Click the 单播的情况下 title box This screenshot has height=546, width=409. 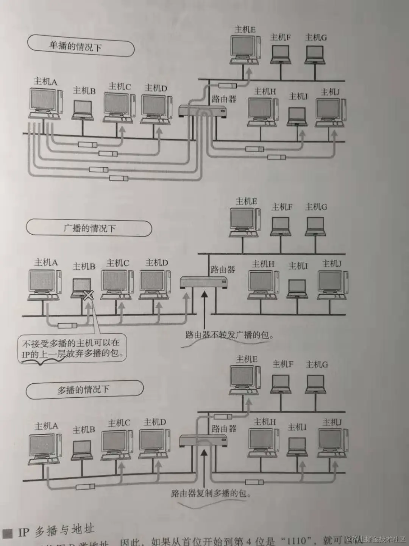coord(80,46)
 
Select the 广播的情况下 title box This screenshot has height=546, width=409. coord(89,228)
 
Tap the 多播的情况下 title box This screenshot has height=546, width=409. coord(84,389)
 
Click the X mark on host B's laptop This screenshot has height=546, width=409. coord(88,295)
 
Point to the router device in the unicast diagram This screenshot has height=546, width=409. coord(203,111)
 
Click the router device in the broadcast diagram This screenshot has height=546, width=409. coord(203,282)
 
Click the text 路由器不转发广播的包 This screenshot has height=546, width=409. coord(229,335)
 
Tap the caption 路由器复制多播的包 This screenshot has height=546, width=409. coord(211,493)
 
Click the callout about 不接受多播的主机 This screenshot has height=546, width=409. coord(72,348)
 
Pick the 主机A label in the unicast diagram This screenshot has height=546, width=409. coord(45,81)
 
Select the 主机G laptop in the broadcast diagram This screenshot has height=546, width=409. coord(315,227)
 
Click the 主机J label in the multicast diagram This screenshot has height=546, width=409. coord(332,422)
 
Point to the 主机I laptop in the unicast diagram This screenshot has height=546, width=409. coord(297,116)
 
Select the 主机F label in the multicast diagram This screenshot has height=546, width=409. coord(283,364)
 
